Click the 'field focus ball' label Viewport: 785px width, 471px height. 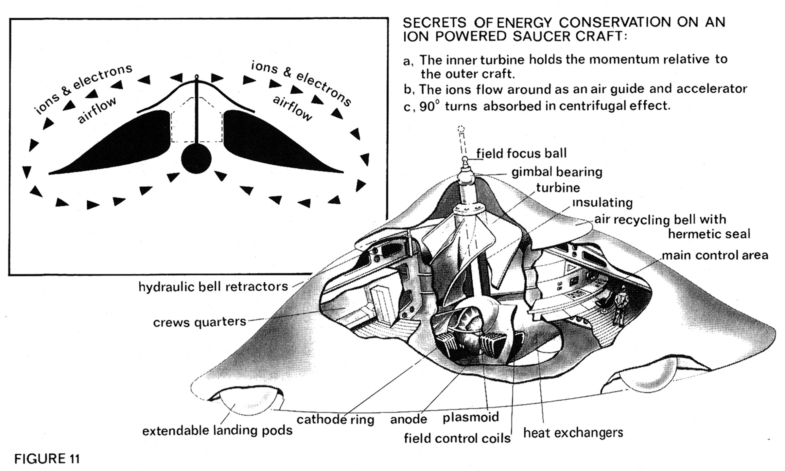click(x=521, y=154)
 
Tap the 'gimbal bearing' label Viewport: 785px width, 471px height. click(x=557, y=172)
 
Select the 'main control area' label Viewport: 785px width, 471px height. click(x=715, y=255)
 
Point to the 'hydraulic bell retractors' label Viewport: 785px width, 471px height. click(x=213, y=287)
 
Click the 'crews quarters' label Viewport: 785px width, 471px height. click(x=200, y=322)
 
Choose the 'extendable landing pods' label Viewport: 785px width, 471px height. click(x=218, y=430)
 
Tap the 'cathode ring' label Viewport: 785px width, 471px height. click(x=335, y=420)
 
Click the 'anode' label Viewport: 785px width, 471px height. click(x=409, y=419)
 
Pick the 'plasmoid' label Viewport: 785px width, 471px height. click(x=471, y=417)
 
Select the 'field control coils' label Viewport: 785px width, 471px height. click(x=457, y=438)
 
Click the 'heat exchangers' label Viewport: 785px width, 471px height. click(x=573, y=433)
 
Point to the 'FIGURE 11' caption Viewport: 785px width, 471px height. click(x=47, y=459)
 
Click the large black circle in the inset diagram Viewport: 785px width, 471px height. click(x=196, y=159)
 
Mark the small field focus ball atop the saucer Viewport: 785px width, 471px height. click(x=465, y=160)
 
